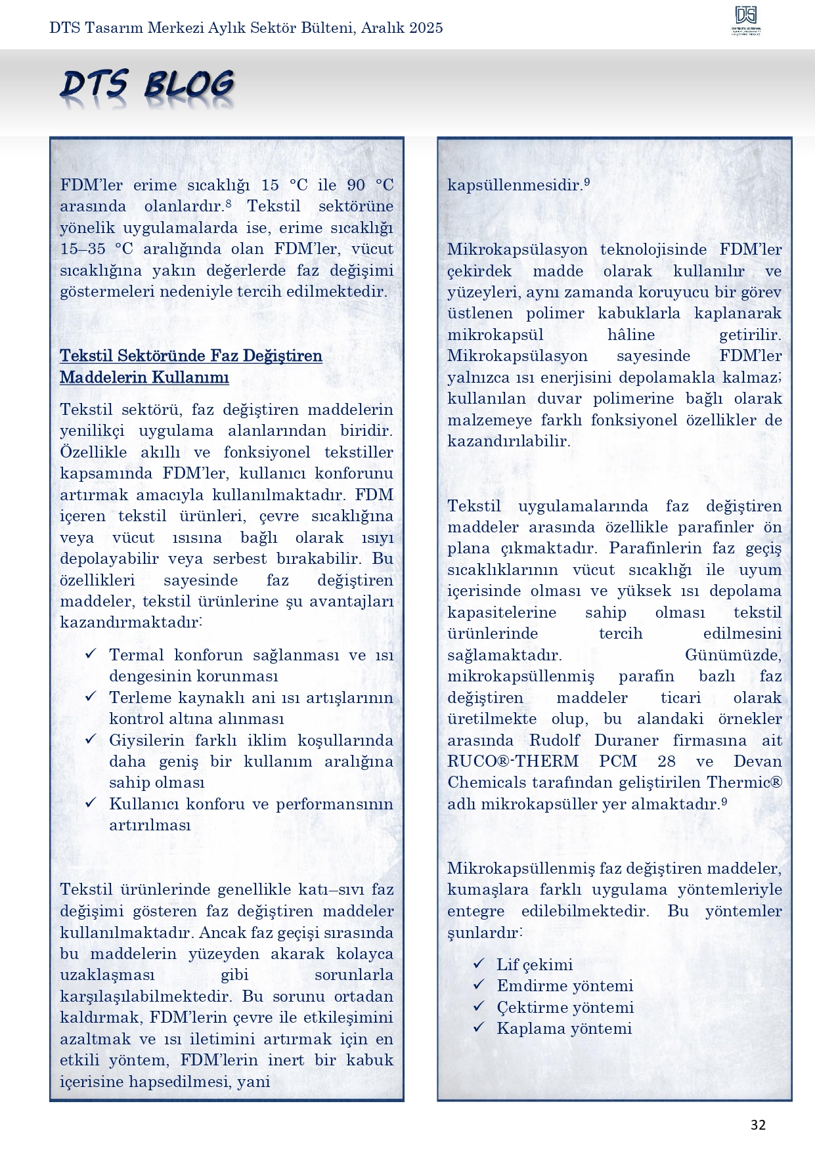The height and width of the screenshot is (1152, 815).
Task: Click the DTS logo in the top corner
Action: pos(746,20)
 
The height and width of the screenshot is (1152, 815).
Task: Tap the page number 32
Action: pos(758,1125)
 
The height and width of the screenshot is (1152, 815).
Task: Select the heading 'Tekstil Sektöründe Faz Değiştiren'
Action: pos(191,356)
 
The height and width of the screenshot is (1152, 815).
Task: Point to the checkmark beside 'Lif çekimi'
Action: pos(479,963)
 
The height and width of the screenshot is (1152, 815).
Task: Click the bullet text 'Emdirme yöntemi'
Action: pos(565,986)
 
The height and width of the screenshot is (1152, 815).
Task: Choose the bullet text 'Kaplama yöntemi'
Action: pos(564,1029)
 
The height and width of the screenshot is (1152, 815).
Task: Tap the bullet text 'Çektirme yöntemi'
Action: pos(565,1008)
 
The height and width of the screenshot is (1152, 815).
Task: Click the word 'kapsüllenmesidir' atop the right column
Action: pos(515,185)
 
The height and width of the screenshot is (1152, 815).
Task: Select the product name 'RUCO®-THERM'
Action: pos(513,761)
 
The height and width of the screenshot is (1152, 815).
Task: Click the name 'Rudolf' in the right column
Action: pos(554,740)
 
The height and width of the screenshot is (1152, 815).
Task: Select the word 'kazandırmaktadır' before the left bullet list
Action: pos(129,622)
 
